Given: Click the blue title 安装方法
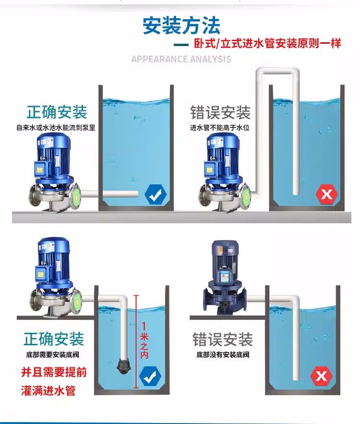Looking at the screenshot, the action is pos(181,25).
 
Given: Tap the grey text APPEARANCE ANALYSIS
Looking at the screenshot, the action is pos(181,59).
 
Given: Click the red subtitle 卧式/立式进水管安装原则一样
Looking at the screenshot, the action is pos(267,43).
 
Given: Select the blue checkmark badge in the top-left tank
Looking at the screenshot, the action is pos(156,194).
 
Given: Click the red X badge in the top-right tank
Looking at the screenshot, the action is pos(327,194).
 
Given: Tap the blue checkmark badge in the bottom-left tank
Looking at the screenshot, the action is pos(150,376).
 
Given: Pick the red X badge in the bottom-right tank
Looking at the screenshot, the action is pos(321,376).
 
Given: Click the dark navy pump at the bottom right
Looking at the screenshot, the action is pos(225,277).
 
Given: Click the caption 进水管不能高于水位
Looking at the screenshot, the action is pos(219,127).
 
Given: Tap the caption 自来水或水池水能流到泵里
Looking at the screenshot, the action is pos(56,127).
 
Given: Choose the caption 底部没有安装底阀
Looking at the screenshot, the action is pos(223,354).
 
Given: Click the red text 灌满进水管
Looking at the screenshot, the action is pos(48,391).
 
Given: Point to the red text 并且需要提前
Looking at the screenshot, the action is pos(54,372).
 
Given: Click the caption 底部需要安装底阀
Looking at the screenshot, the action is pos(53,354).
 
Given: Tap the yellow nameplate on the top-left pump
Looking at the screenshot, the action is pos(39,170).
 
